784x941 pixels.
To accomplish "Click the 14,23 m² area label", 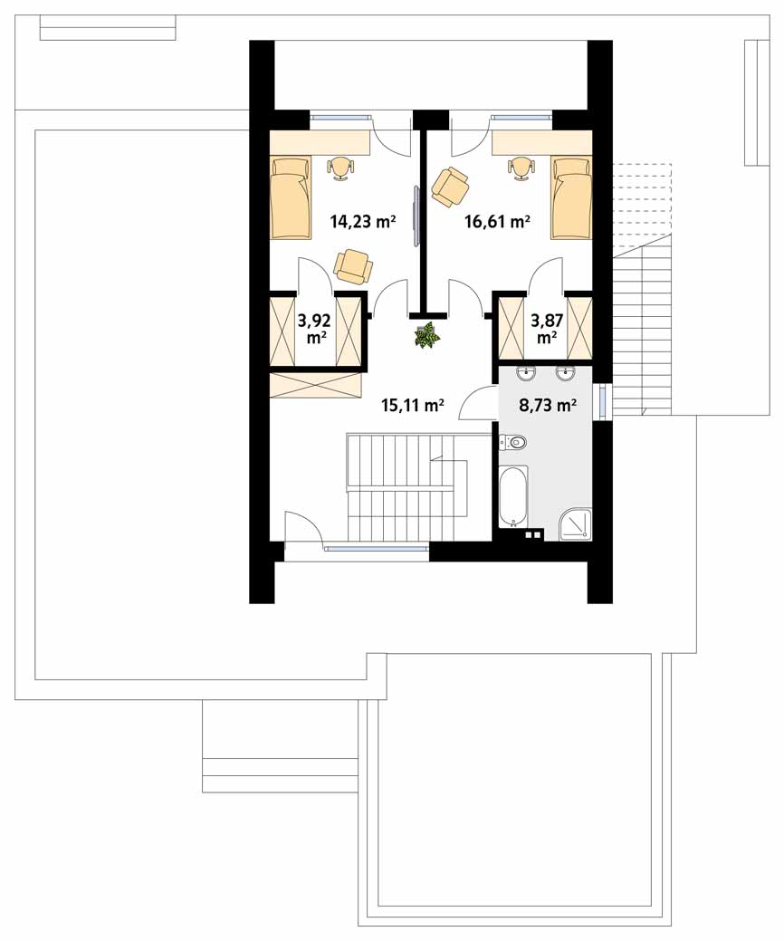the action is [363, 222].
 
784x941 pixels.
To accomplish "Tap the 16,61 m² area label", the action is [497, 222].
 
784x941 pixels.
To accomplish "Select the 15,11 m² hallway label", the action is [413, 406].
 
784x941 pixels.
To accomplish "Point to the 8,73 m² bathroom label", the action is [548, 406].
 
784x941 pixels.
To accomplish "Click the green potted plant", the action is [426, 335].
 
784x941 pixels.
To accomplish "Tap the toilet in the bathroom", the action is [513, 443].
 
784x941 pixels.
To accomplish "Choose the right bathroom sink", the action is [565, 373].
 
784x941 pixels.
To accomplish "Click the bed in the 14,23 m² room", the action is [292, 197].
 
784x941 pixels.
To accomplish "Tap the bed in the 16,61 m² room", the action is [571, 197].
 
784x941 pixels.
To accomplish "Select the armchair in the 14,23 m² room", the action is [353, 266].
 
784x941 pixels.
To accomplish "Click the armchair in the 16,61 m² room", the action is [450, 187].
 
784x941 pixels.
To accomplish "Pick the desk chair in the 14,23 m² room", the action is [340, 168].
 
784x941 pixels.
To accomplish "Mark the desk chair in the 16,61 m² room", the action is [520, 168].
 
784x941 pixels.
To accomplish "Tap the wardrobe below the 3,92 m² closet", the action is [316, 385].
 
